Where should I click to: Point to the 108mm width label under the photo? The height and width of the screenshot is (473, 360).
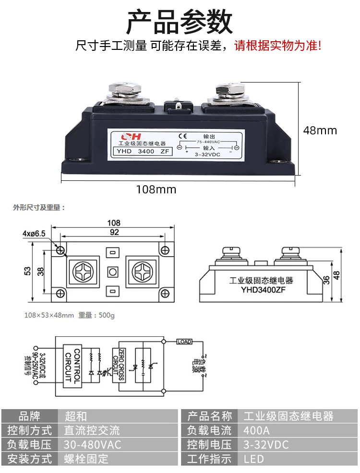point(156,189)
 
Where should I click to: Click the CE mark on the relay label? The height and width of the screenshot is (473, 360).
point(182,135)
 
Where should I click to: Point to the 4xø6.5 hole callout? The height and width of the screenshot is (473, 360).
point(34,233)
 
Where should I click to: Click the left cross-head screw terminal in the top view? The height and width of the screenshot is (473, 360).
point(84,271)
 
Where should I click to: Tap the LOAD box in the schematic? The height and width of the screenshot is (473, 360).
point(184,342)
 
